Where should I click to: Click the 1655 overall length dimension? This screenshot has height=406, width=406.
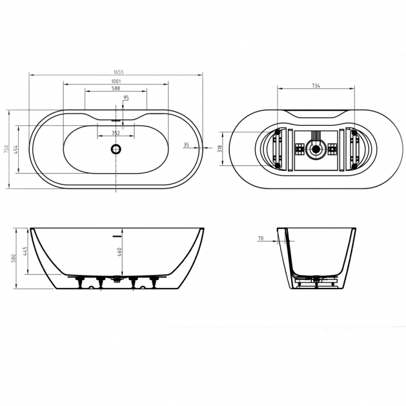[x=119, y=72]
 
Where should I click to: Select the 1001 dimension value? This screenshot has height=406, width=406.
[x=116, y=81]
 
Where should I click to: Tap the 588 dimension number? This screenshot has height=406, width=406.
[x=116, y=88]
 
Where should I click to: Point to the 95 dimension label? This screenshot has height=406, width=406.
[x=126, y=97]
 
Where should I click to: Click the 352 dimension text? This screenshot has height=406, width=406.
[x=116, y=133]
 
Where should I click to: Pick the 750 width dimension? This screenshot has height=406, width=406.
[x=6, y=149]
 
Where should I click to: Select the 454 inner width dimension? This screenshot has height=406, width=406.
[x=15, y=149]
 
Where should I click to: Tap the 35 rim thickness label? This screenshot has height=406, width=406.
[x=186, y=145]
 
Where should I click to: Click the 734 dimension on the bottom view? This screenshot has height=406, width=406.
[x=316, y=86]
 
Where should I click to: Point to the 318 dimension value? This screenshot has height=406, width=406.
[x=220, y=148]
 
